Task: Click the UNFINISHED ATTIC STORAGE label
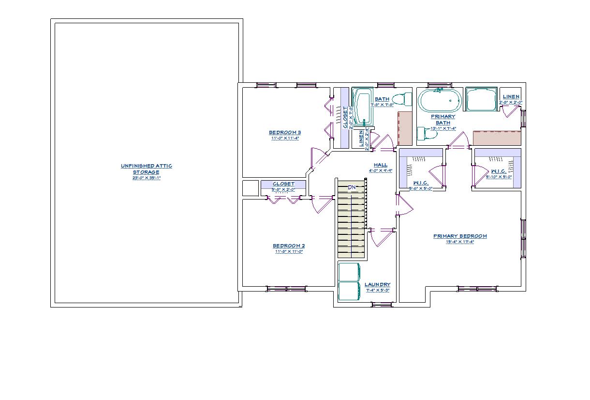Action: coord(146,169)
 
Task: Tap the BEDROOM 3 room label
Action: coord(285,133)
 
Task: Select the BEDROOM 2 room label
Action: coord(289,246)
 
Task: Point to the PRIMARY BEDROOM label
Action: coord(460,236)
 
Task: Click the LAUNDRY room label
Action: coord(377,285)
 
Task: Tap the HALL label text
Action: coord(380,165)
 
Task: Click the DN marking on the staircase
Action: coord(352,187)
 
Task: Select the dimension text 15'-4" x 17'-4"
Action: coord(460,242)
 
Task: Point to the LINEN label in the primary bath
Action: coord(511,97)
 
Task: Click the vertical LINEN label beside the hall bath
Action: coord(361,139)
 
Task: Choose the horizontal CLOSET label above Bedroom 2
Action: coord(283,184)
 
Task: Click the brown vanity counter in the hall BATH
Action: coord(405,128)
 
